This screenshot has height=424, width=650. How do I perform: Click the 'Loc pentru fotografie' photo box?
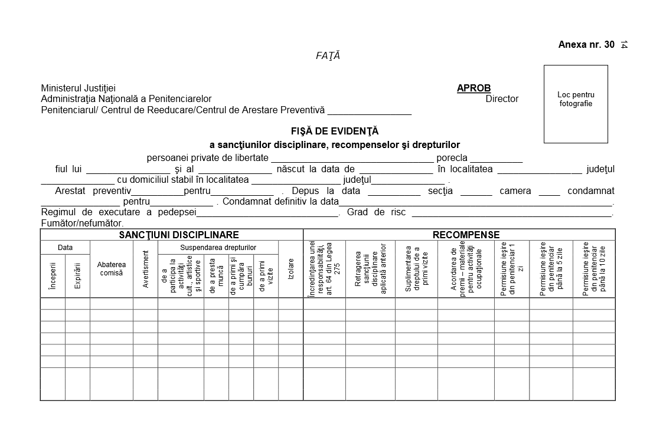click(576, 104)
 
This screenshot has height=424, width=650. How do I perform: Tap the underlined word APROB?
click(473, 88)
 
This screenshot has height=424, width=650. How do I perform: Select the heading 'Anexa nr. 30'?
click(586, 45)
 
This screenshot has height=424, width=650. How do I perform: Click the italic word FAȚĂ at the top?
click(328, 56)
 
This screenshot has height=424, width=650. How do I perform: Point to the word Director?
click(502, 99)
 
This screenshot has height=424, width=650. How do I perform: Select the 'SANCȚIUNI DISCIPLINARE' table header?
click(171, 235)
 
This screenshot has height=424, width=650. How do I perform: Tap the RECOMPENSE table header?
click(466, 235)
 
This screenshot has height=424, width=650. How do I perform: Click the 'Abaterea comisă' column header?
click(112, 269)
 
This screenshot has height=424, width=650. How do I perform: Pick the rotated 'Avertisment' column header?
click(145, 269)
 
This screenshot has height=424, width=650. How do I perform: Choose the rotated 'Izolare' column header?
click(290, 269)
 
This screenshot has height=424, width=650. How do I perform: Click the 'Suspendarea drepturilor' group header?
click(218, 248)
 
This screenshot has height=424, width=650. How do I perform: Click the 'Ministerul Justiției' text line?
click(79, 88)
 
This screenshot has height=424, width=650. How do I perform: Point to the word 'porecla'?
click(452, 158)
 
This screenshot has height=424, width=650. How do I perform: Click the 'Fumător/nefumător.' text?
click(83, 223)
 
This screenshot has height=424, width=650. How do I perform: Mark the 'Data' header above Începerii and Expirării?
click(65, 248)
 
